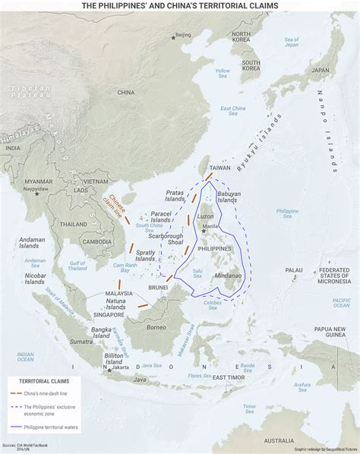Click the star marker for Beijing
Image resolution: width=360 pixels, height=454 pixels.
172,35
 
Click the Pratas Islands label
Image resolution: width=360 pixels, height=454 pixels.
174,196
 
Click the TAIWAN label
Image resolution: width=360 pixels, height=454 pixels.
219,167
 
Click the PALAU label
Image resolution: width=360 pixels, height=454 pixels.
293,270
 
